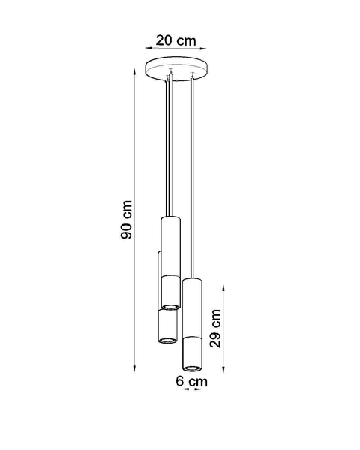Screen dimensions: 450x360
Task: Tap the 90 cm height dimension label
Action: [127, 220]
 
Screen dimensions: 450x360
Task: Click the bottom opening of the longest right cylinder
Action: [193, 367]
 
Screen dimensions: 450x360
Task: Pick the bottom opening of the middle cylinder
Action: [171, 307]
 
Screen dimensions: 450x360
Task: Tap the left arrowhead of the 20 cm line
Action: [147, 49]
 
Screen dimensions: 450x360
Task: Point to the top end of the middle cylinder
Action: [171, 218]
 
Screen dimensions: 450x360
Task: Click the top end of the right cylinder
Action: [193, 280]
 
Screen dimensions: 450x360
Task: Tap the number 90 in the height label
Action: [127, 211]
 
